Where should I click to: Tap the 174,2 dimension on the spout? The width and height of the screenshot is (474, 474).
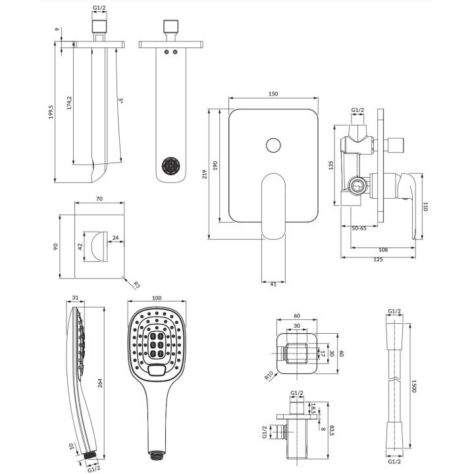click(68, 105)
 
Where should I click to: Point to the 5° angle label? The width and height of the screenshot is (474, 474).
click(121, 101)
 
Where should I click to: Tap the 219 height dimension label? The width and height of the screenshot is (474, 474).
click(205, 174)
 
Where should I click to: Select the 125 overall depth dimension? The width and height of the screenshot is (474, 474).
click(378, 259)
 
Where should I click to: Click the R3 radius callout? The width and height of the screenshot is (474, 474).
click(136, 285)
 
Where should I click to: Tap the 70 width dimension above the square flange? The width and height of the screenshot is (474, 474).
click(99, 197)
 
